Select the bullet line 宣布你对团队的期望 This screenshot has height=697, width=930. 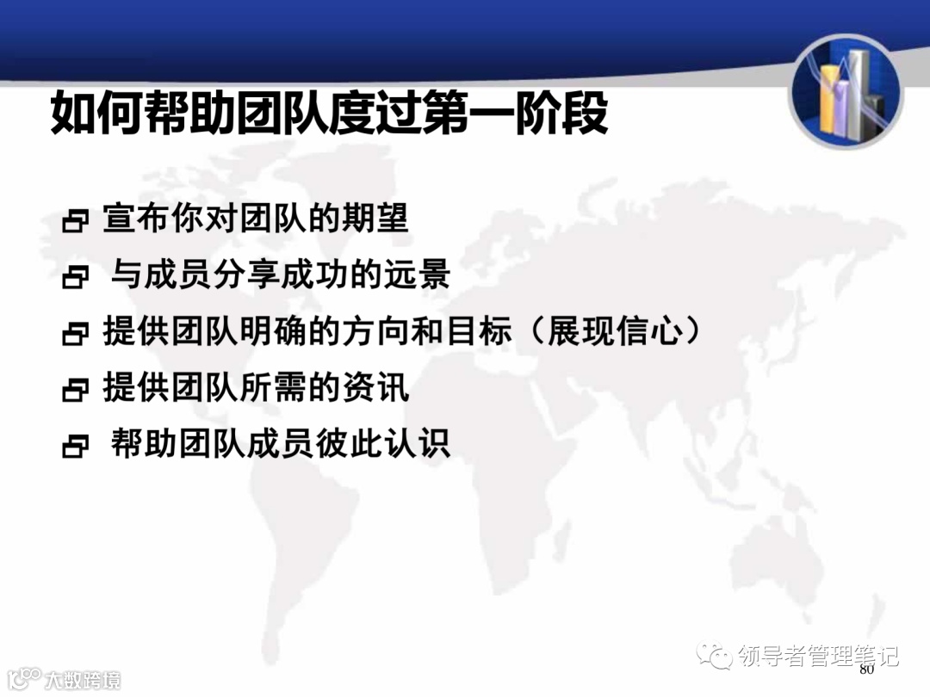(255, 219)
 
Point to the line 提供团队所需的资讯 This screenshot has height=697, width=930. (255, 388)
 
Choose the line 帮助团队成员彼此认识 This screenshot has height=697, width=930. (281, 445)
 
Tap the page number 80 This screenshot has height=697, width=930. (866, 669)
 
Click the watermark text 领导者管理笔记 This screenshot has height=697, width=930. (819, 656)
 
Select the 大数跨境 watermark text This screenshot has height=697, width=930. (83, 679)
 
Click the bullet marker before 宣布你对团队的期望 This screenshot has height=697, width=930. (76, 222)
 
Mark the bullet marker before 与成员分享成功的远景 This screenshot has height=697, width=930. (76, 278)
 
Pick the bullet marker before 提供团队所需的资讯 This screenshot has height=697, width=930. (76, 391)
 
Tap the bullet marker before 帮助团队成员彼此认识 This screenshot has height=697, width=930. (76, 447)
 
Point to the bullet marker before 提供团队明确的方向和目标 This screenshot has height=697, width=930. (76, 335)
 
